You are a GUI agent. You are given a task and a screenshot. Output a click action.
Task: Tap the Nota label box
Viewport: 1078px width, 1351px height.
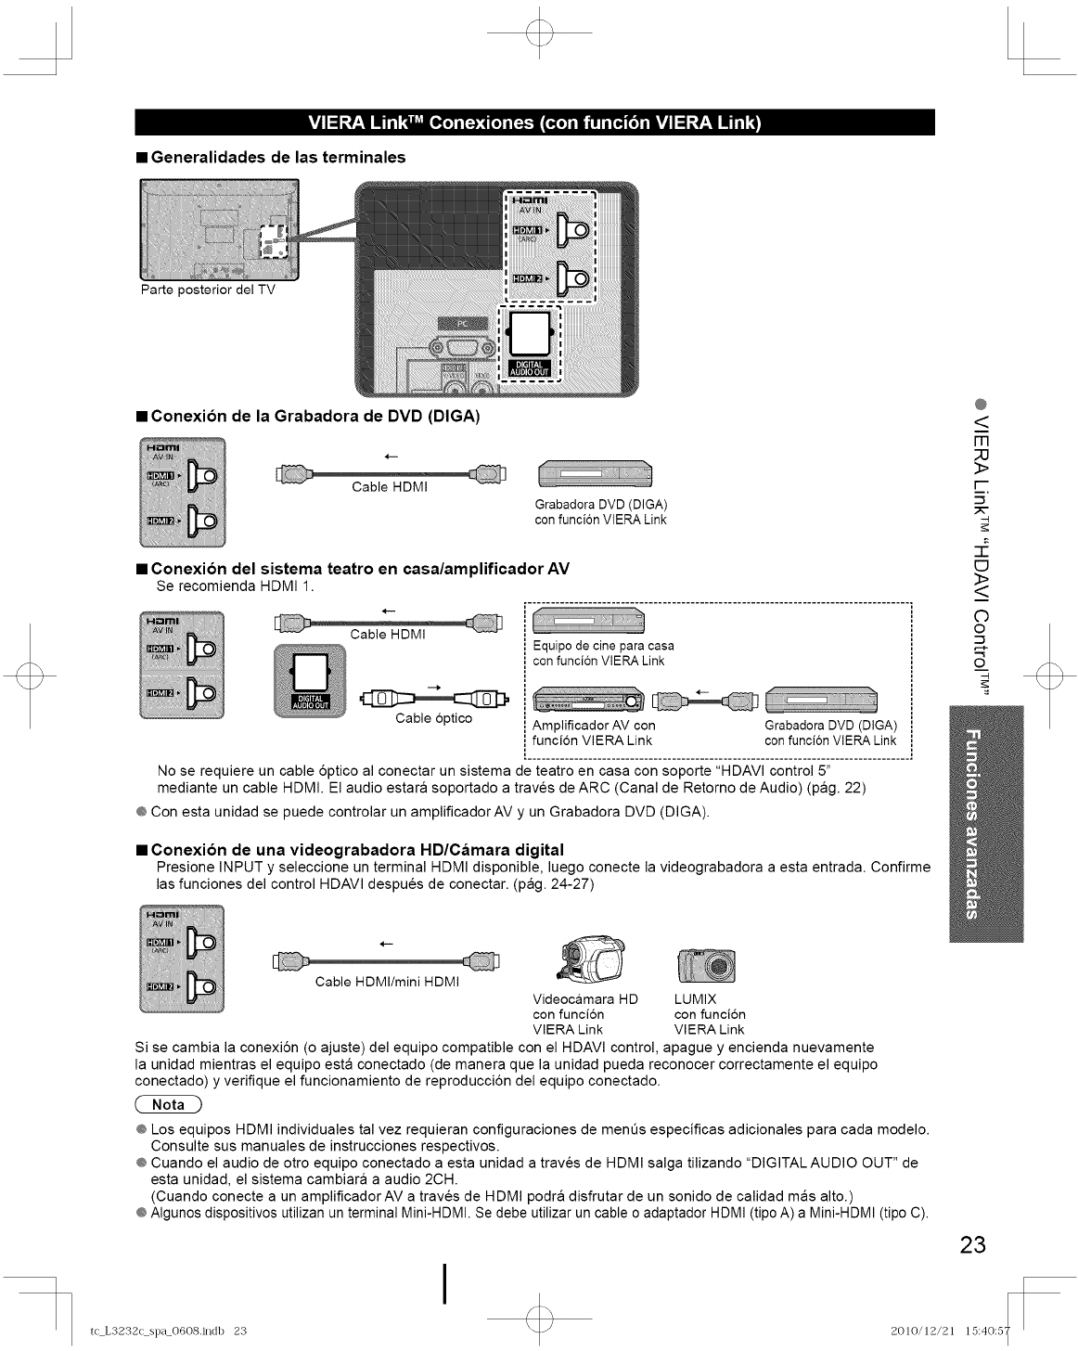click(x=169, y=1104)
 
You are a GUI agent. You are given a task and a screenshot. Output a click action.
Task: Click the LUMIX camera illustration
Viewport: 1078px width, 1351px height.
click(x=708, y=966)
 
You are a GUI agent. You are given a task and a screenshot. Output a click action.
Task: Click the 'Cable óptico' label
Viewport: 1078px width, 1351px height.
click(x=433, y=717)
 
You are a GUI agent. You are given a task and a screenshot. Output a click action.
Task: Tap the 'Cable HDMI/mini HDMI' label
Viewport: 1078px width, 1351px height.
click(x=387, y=982)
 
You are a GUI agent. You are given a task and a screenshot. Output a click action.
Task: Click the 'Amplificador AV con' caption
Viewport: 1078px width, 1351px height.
click(x=594, y=725)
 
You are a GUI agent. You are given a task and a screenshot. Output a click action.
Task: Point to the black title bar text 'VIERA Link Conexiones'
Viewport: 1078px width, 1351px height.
click(x=533, y=122)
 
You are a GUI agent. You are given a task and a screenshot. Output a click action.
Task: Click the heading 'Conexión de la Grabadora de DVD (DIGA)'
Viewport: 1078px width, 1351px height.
click(x=314, y=417)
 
